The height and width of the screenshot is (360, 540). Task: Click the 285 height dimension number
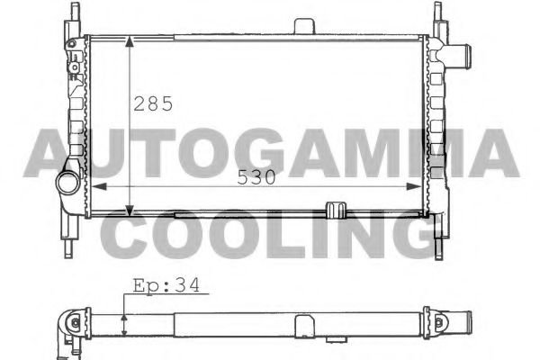pyautogui.click(x=153, y=103)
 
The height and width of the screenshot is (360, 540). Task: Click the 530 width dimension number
pyautogui.click(x=256, y=177)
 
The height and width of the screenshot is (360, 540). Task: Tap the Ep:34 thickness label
pyautogui.click(x=166, y=286)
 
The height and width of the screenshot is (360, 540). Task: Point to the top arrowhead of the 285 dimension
pyautogui.click(x=129, y=41)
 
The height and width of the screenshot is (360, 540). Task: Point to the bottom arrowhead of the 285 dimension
pyautogui.click(x=129, y=211)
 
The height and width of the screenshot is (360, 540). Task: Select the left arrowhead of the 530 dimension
pyautogui.click(x=99, y=186)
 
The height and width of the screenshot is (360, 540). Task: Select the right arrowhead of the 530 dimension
pyautogui.click(x=414, y=186)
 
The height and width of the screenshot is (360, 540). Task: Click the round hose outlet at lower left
pyautogui.click(x=68, y=183)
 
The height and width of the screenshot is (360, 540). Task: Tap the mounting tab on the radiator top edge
pyautogui.click(x=304, y=26)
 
